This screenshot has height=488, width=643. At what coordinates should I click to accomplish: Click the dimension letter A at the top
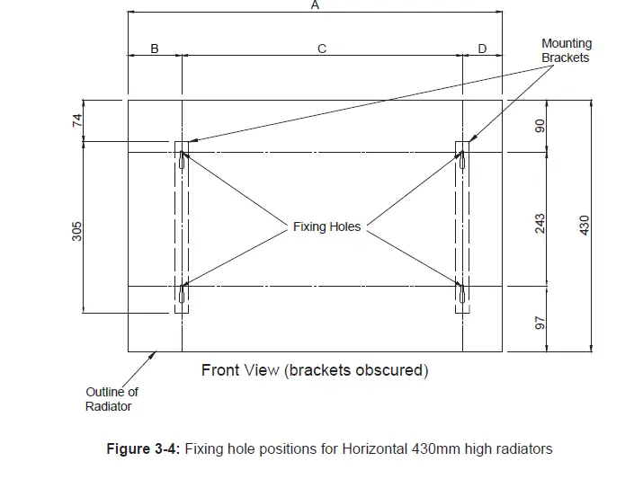point(315,4)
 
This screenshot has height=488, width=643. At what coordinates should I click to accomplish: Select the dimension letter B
point(154,49)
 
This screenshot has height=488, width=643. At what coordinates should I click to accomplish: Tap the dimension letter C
point(321,49)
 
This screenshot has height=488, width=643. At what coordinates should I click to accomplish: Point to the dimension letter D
point(482,49)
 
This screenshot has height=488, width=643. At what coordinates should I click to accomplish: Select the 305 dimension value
point(77,232)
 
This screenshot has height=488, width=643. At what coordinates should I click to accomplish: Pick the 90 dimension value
point(540,127)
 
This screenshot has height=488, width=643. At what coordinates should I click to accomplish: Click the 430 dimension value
point(585,224)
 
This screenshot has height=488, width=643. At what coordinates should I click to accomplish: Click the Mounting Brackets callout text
point(566,50)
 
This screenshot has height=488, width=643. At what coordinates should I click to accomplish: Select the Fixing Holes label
point(326,227)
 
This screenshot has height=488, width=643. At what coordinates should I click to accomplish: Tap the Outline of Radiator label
point(112,399)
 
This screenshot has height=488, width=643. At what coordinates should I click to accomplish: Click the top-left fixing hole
point(183,163)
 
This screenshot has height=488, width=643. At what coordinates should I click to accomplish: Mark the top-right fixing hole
point(462,163)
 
